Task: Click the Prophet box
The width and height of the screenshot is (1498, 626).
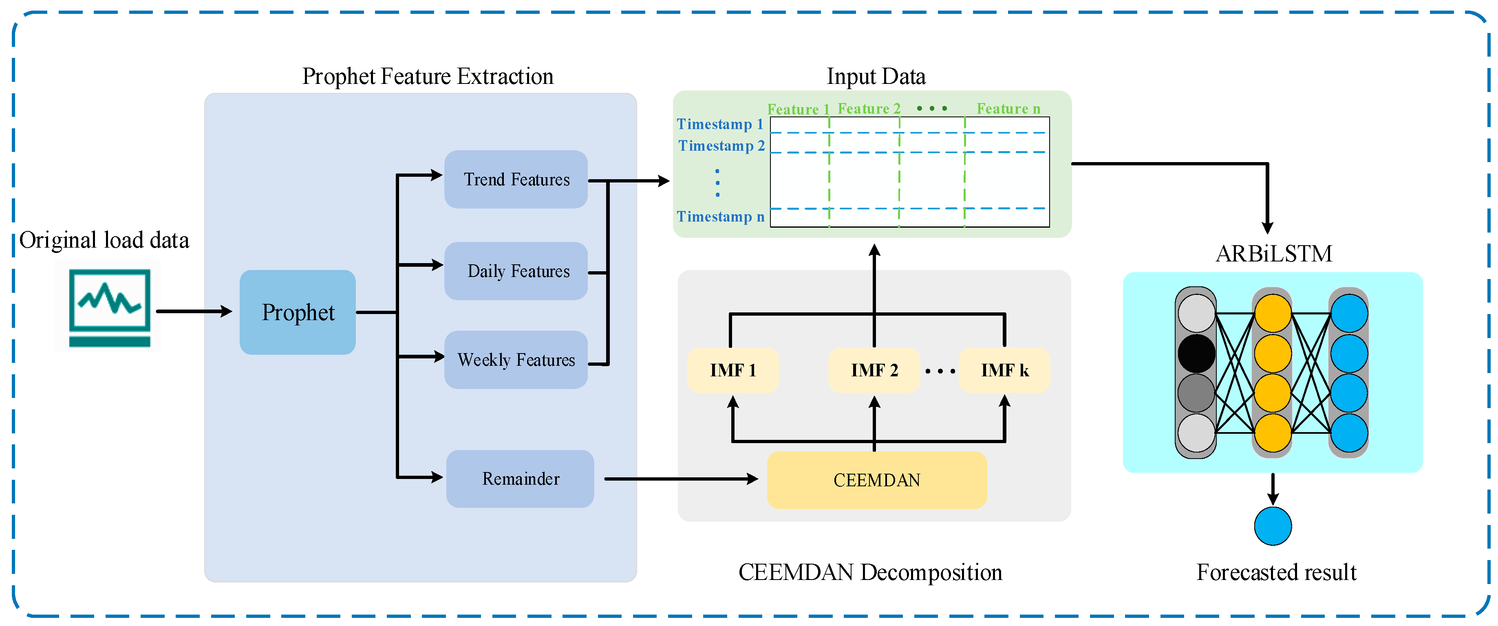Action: coord(297,312)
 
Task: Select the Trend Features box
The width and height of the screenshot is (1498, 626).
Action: coord(516,179)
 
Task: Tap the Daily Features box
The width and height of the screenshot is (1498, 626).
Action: coord(516,271)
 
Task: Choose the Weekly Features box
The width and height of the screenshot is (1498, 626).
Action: coord(516,360)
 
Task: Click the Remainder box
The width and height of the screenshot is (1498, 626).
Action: coord(520,479)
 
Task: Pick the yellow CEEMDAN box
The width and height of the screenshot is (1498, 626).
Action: coord(876,480)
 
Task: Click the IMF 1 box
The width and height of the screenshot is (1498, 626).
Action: coord(733,370)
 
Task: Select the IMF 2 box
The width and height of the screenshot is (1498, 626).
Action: coord(874,370)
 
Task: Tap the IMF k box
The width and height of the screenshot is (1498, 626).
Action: coord(1004,370)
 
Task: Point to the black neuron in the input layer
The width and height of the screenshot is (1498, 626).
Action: coord(1196,353)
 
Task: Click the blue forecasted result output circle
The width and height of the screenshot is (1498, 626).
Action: coord(1272,526)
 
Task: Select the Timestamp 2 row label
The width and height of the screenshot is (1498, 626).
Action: coord(721,145)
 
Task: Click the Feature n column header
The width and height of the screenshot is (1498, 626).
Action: coord(1008,109)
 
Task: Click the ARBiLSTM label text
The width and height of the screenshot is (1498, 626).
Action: coord(1273,254)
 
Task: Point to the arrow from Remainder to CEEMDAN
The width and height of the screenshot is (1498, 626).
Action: coord(680,479)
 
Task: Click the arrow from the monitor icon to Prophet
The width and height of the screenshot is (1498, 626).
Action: coord(194,312)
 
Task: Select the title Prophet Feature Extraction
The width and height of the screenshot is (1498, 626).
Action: coord(428,76)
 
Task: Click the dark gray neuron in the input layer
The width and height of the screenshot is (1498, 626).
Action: coord(1196,393)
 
